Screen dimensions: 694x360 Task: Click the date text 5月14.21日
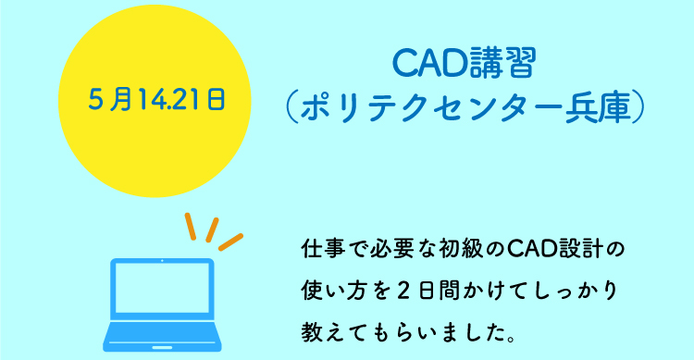coord(157,99)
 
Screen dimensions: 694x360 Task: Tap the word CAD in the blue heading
coord(428,63)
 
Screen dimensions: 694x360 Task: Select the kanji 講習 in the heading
coord(501,63)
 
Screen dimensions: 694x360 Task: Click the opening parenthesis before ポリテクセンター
coord(290,107)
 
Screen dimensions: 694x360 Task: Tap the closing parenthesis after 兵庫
coord(638,107)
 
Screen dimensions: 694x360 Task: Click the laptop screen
coord(162,288)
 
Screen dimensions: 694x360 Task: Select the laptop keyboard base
coord(162,337)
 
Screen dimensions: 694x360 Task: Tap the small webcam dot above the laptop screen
coord(162,261)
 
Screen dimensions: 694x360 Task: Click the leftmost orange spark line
coord(191,227)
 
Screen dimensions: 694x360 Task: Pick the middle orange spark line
coord(213,230)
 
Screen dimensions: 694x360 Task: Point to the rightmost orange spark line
coord(231,242)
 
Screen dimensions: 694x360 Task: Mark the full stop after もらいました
coord(512,340)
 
